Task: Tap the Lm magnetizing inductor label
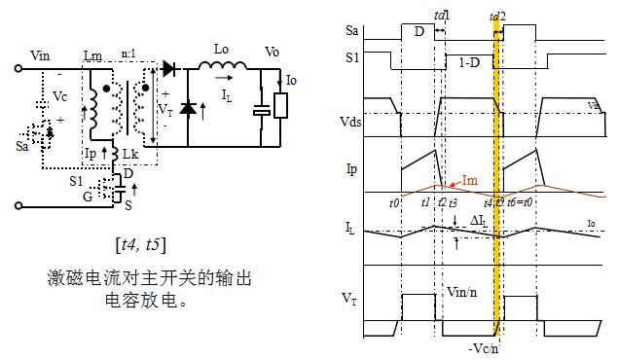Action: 93,57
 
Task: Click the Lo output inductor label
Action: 221,48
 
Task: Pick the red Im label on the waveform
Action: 469,178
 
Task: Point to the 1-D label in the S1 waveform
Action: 469,62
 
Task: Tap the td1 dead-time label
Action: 442,17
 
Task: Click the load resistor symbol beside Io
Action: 280,105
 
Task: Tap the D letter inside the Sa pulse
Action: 419,32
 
